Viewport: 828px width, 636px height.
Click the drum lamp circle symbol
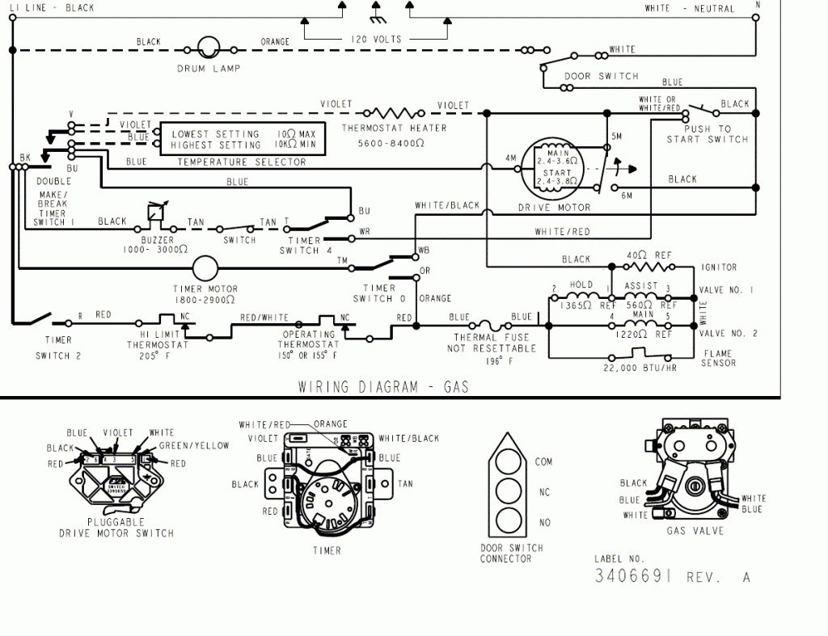[x=209, y=47]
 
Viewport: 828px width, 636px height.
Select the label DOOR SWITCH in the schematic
[x=601, y=77]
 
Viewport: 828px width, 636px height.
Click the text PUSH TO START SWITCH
[x=708, y=134]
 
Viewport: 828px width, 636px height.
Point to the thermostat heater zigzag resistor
[x=395, y=113]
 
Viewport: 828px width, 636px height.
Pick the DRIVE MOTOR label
[x=554, y=208]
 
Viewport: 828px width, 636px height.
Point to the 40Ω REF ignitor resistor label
[x=649, y=255]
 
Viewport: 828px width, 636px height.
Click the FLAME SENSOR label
[x=719, y=358]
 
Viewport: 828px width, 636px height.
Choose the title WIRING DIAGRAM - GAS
[x=383, y=386]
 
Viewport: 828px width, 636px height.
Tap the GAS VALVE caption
[x=695, y=531]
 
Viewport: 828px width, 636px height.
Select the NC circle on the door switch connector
[x=509, y=491]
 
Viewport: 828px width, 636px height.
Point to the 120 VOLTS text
[x=376, y=39]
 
